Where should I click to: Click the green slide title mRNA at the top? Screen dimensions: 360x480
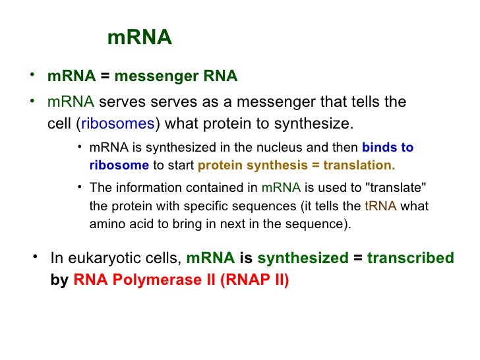[x=139, y=38]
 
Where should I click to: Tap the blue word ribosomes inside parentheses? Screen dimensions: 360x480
[x=117, y=124]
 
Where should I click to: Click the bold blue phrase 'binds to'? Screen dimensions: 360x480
[x=388, y=147]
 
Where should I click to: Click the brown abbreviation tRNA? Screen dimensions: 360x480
[x=380, y=206]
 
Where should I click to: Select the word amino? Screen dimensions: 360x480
[x=104, y=224]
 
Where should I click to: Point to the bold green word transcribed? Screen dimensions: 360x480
[x=410, y=258]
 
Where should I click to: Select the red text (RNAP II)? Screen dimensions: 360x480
[x=255, y=279]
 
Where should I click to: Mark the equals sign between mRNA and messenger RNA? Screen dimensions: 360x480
[x=105, y=76]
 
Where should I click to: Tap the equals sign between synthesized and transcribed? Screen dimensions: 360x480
[x=357, y=258]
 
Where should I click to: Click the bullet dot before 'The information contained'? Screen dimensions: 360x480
[x=79, y=186]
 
